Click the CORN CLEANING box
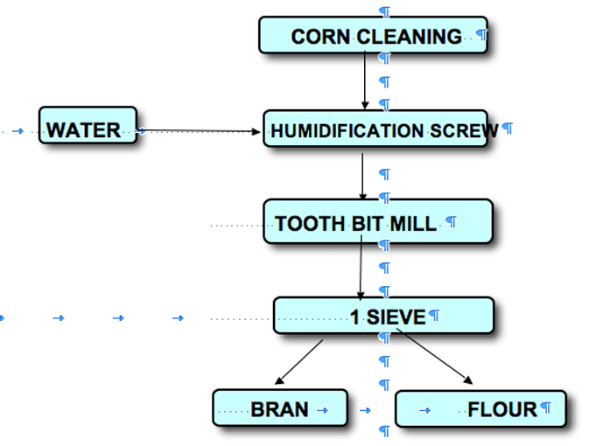(x=373, y=35)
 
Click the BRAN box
(x=279, y=408)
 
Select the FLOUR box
(x=480, y=408)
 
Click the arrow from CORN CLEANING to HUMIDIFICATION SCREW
(x=365, y=80)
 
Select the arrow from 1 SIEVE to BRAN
(x=299, y=361)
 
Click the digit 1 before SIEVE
(x=354, y=317)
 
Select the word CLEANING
(x=409, y=37)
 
